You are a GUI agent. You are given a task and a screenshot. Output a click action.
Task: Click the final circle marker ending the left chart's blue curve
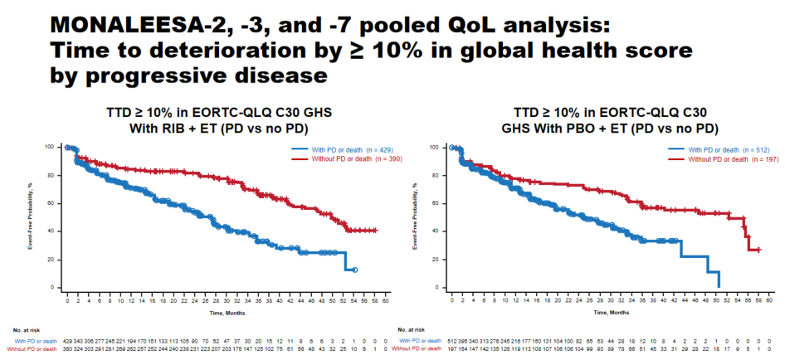click(x=355, y=270)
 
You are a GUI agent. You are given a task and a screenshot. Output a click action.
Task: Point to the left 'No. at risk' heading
click(x=27, y=330)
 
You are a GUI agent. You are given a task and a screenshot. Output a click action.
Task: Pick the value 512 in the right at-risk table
click(x=454, y=341)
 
